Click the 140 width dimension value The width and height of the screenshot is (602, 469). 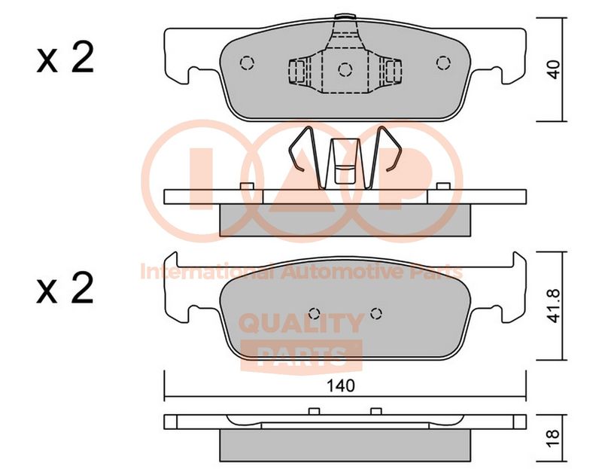tap(340, 385)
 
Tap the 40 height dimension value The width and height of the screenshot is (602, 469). tap(554, 69)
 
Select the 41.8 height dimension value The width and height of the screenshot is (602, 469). tap(554, 306)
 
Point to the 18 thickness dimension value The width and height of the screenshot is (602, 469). tap(554, 439)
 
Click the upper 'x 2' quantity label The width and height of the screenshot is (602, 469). tap(65, 59)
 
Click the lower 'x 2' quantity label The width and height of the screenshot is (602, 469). tap(65, 288)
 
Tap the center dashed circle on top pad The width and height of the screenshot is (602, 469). tap(345, 69)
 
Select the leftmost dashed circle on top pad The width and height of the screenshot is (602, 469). tap(247, 62)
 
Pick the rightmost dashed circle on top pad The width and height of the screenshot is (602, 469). tap(443, 62)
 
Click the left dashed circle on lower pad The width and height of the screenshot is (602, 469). tap(314, 313)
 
